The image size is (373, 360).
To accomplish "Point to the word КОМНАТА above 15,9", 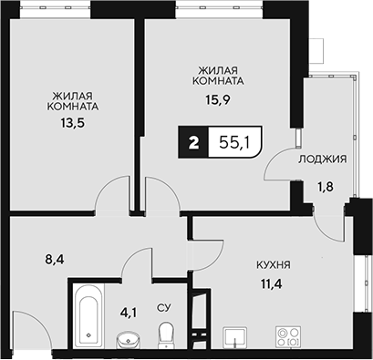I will pyautogui.click(x=222, y=80).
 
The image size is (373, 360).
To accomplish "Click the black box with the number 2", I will pyautogui.click(x=192, y=141).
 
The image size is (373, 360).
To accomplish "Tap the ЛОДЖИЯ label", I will pyautogui.click(x=322, y=159).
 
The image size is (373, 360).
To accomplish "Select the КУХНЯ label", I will pyautogui.click(x=273, y=265).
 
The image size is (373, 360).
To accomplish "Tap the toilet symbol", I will pyautogui.click(x=165, y=338).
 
